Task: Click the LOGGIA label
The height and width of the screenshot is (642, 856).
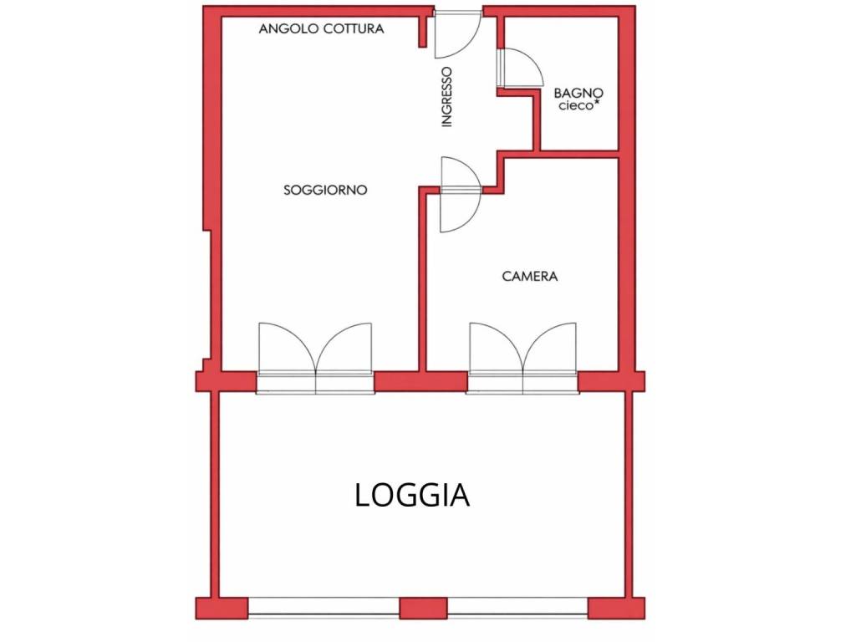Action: (412, 495)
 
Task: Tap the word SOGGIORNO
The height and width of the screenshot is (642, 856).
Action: (325, 190)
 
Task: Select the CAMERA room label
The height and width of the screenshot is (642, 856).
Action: (529, 276)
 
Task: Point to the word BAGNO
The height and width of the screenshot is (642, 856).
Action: (578, 93)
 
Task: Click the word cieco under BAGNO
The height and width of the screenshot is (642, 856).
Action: (575, 105)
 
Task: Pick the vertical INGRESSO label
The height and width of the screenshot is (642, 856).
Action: (447, 97)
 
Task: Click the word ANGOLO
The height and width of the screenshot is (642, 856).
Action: (288, 28)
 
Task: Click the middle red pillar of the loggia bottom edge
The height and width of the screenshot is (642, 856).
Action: (424, 609)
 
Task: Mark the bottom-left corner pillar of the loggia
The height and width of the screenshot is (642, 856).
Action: (222, 609)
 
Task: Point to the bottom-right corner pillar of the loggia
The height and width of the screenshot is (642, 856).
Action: (616, 609)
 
